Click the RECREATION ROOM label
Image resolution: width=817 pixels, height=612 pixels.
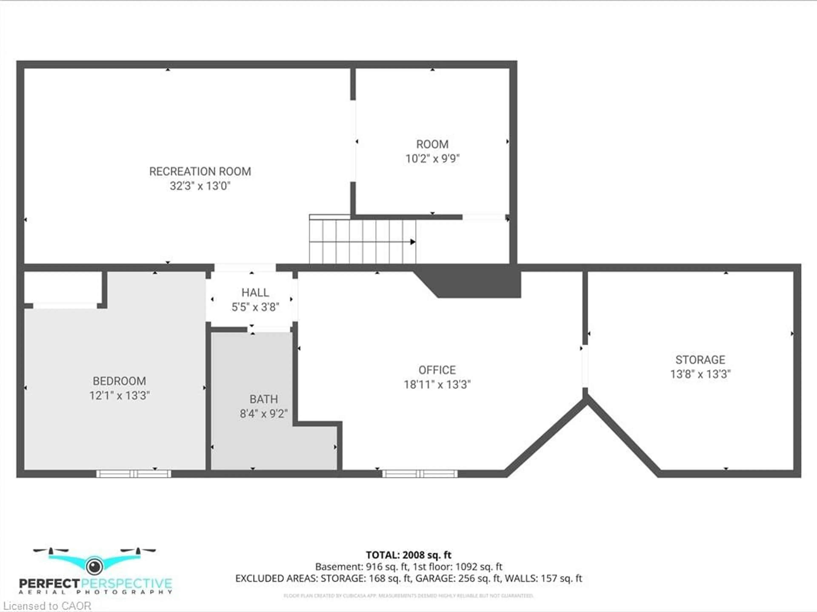pos(200,171)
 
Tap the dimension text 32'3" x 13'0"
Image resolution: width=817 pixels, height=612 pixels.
pos(200,186)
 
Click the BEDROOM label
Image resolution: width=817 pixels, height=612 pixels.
pos(119,381)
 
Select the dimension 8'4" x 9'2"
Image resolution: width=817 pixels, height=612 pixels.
pos(263,413)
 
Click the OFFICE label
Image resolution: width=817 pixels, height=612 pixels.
pos(437,370)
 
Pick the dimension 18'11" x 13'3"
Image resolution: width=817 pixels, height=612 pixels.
pos(437,385)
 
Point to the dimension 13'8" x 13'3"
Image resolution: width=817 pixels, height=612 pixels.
pos(700,374)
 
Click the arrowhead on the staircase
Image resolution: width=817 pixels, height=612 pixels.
pos(413,242)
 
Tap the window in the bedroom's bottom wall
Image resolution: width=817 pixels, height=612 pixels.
pos(134,474)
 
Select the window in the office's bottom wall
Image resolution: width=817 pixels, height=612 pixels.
pos(420,474)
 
